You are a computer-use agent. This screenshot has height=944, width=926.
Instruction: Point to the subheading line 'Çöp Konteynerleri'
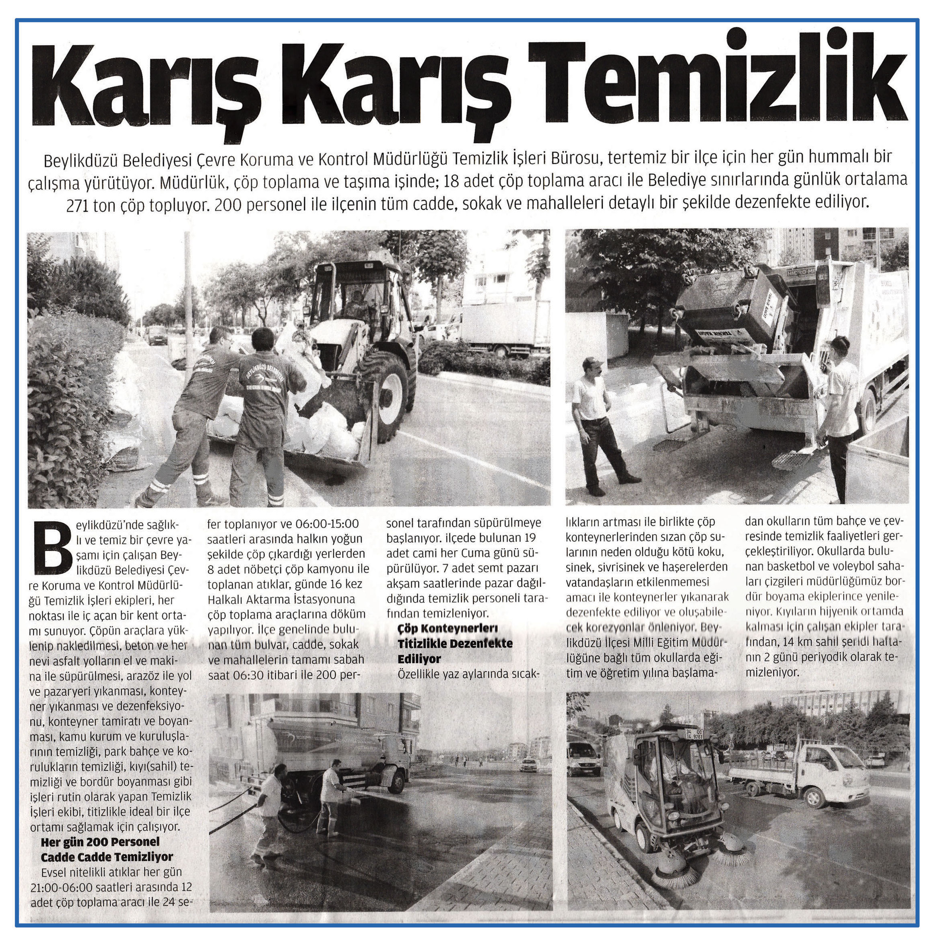448,628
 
